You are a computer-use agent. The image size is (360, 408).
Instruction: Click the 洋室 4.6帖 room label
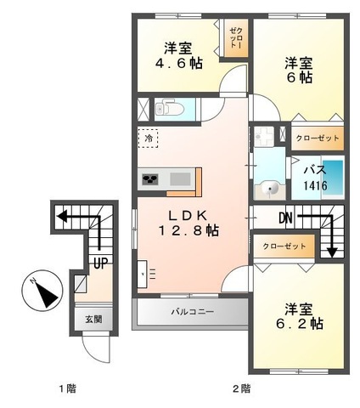point(179,55)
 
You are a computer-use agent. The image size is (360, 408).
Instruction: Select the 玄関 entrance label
point(93,320)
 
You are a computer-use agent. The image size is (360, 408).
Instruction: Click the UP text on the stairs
point(100,263)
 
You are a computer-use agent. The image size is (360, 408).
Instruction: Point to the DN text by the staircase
point(284,218)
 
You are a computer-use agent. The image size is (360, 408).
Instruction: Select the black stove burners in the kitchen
point(150,179)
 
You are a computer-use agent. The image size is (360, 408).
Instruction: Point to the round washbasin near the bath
point(273,189)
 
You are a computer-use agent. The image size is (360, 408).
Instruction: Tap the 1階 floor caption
point(68,389)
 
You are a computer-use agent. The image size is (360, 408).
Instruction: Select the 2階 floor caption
point(241,389)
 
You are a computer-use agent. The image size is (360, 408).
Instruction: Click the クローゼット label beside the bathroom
point(317,136)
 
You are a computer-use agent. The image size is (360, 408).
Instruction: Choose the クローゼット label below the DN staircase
point(284,246)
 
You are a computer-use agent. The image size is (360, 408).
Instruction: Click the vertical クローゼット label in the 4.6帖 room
point(234,39)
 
